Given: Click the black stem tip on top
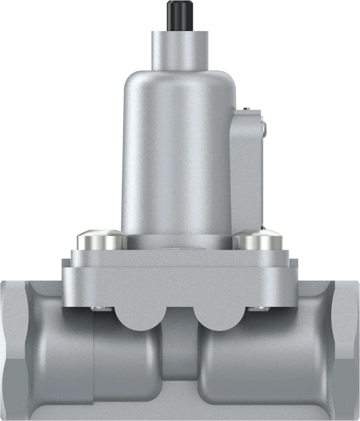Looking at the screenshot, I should (180, 16).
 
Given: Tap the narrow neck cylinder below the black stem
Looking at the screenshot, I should (180, 50).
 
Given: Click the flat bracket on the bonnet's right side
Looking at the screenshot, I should (247, 169).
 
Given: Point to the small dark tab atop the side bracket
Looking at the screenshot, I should (248, 108).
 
